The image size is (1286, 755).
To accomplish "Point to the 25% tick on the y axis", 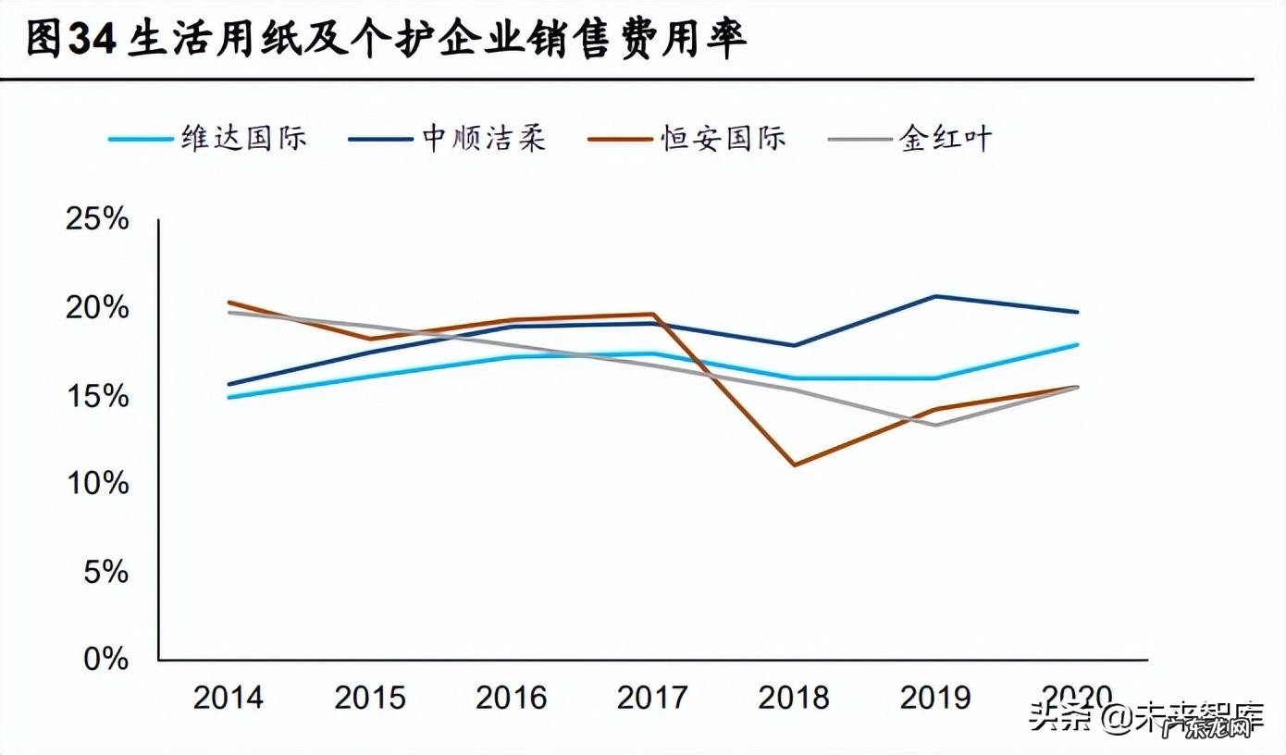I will point(95,220).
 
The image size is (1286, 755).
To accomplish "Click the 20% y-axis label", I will point(95,308).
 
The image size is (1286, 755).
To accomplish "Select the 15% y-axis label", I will point(95,396).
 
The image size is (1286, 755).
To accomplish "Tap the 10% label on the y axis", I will point(95,484).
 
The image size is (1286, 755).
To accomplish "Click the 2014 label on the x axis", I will point(228,697).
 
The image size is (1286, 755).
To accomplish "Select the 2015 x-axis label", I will point(369,697).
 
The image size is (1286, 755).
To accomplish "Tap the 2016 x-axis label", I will point(511,697).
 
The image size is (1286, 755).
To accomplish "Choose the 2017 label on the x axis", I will point(652,697).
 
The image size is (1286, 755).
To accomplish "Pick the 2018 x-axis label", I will point(794,697).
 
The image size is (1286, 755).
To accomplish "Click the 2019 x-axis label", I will point(935,697).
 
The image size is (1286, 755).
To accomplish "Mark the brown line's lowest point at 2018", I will point(795,464).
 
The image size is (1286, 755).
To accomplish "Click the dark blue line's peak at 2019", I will point(935,296).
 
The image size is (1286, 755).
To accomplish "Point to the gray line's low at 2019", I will point(935,425).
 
